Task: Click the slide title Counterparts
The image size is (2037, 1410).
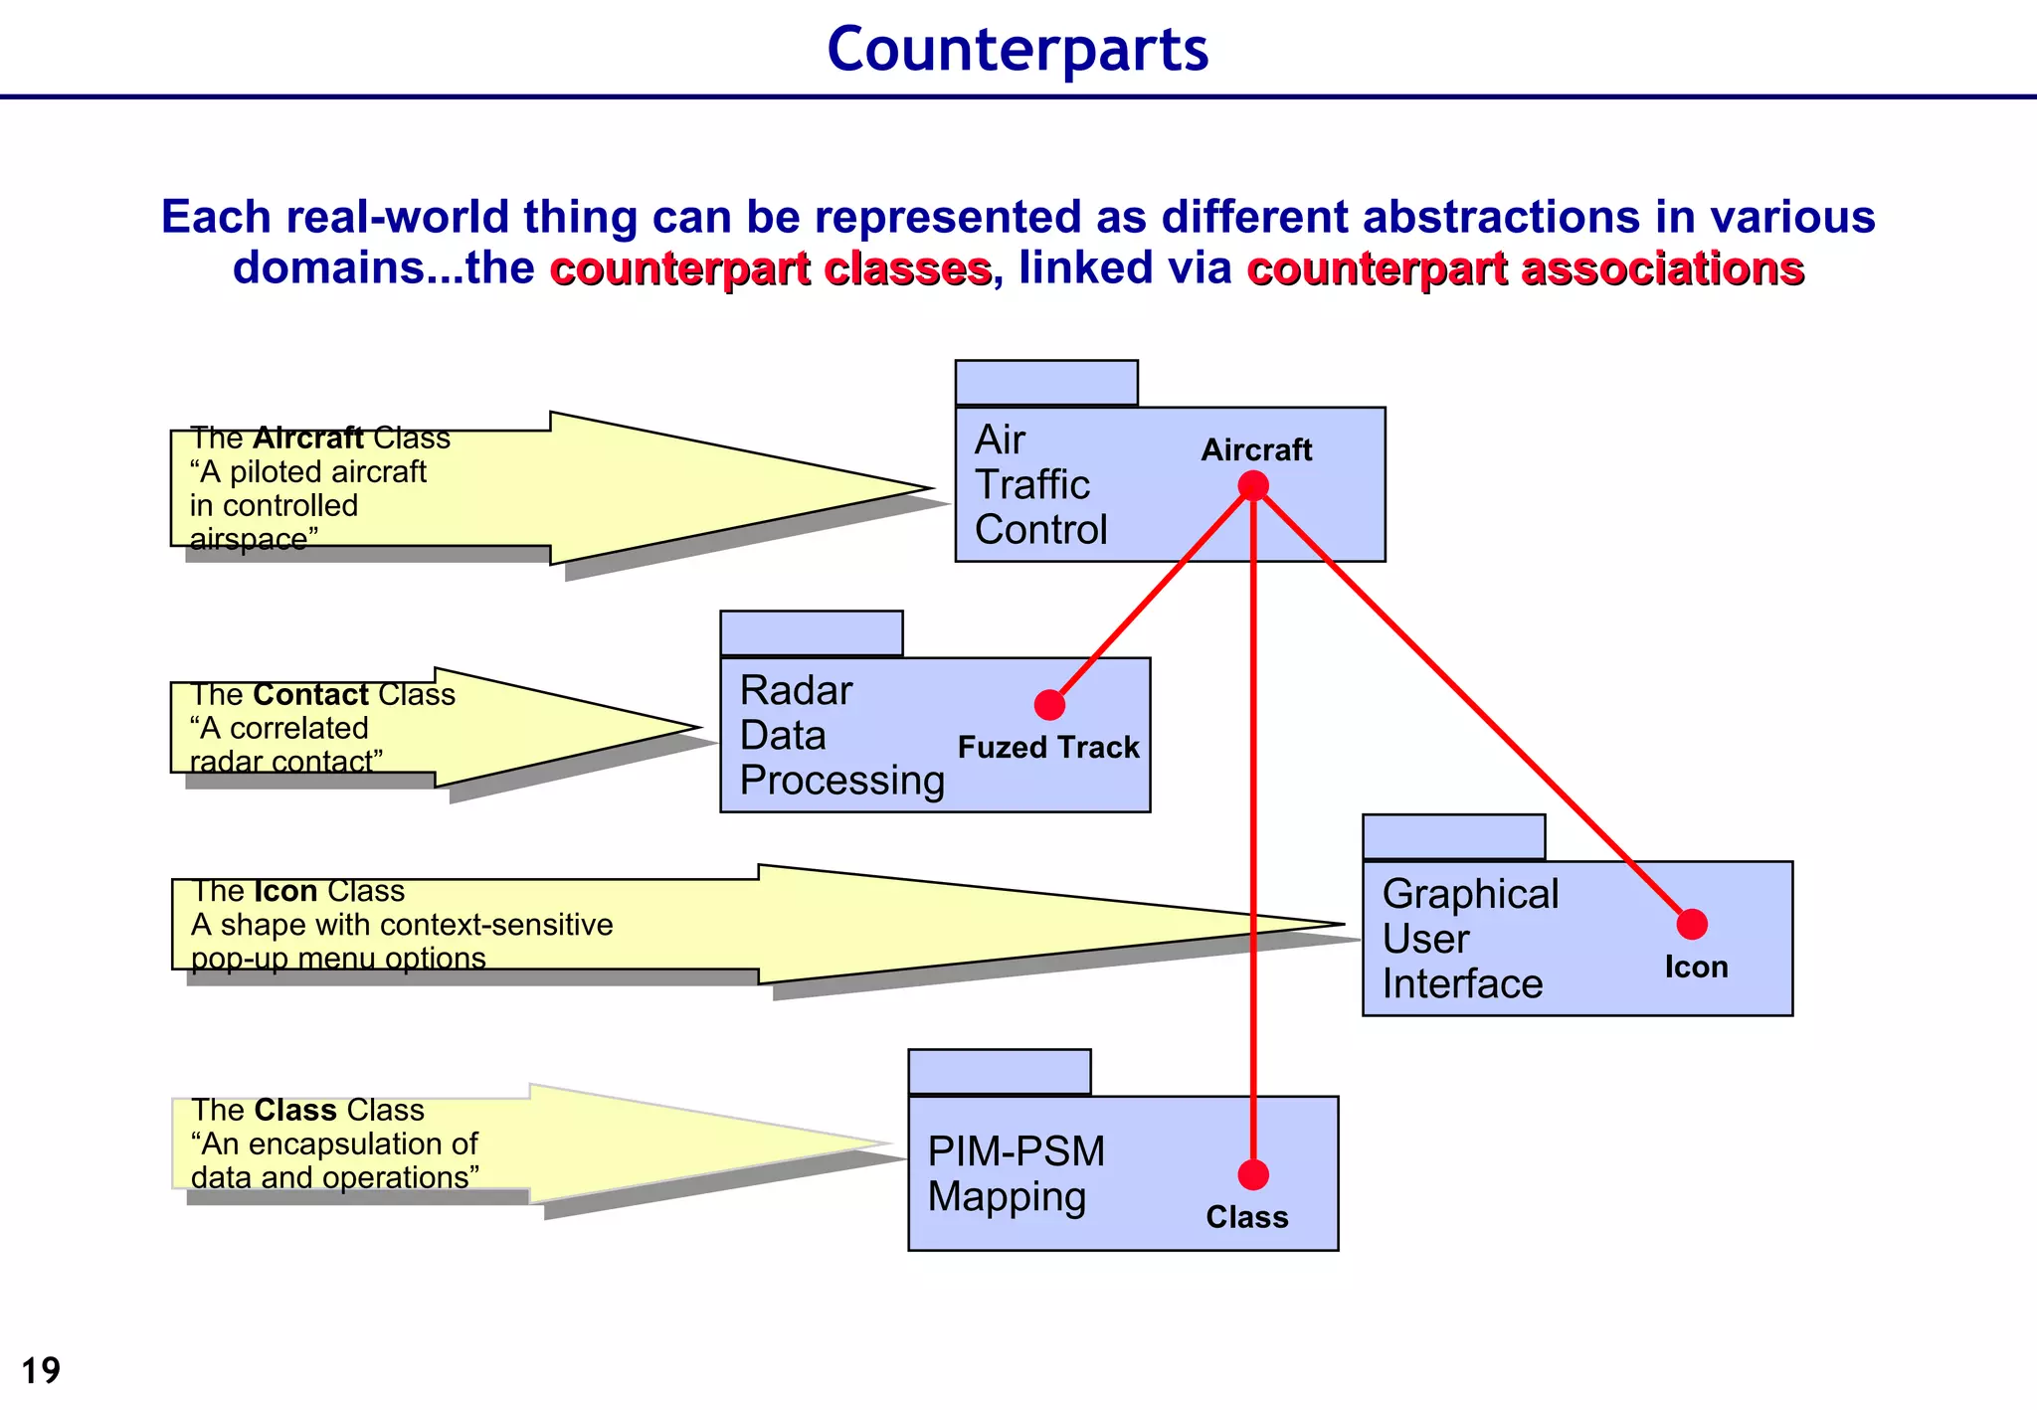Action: pos(1018,49)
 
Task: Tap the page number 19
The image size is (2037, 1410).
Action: pos(41,1370)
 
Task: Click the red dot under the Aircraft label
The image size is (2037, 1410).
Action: pos(1253,486)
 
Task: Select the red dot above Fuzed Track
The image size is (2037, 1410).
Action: pos(1049,705)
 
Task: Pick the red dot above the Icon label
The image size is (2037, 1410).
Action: pos(1692,925)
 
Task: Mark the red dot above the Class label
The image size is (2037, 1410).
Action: pos(1253,1175)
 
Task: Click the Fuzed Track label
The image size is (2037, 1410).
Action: pos(1048,748)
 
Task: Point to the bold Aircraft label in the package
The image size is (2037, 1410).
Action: pos(1256,449)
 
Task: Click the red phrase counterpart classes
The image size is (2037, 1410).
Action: pos(771,268)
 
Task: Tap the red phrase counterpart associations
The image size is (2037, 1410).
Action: pos(1526,268)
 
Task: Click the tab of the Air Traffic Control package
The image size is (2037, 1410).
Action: pos(1046,383)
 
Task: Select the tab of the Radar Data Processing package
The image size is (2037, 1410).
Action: pos(812,633)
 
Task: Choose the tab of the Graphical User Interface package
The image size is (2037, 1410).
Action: pos(1453,837)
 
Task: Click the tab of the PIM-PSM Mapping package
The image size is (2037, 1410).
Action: pos(1000,1072)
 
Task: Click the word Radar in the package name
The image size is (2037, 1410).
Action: pos(796,690)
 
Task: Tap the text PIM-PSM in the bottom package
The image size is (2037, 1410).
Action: pos(1016,1151)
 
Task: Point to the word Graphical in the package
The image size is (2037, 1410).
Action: pos(1470,894)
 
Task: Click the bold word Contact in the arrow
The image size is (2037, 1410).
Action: pos(311,694)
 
